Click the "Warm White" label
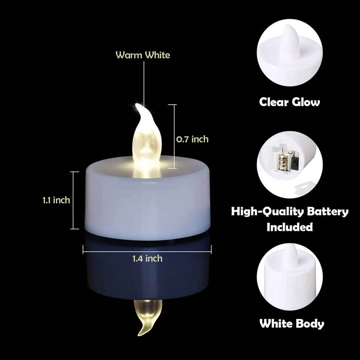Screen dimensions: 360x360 [143, 55]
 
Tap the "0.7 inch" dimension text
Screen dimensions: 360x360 [192, 139]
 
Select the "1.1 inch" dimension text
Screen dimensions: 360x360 [56, 200]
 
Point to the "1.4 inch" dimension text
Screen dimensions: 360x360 [147, 259]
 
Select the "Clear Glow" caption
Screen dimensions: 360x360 [290, 102]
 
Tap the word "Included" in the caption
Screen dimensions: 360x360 [290, 227]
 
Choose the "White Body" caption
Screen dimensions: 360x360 [292, 324]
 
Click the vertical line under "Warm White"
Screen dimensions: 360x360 [144, 80]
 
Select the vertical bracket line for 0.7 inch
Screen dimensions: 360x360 [175, 136]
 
